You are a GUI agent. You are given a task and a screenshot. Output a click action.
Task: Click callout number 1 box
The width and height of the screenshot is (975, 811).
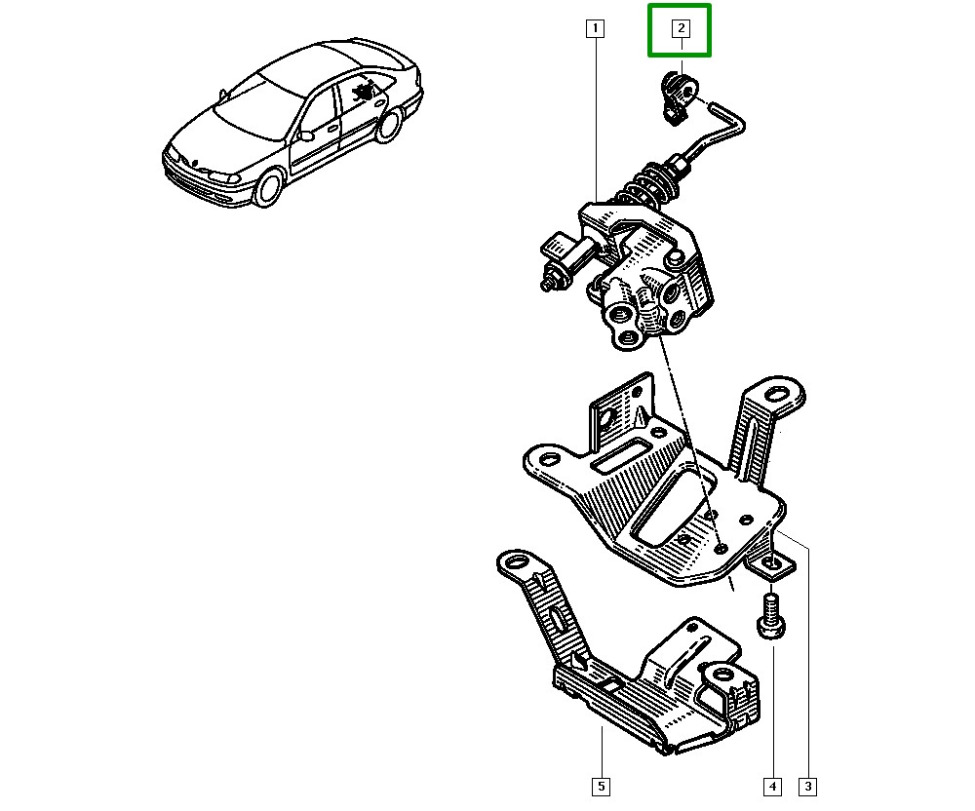point(595,28)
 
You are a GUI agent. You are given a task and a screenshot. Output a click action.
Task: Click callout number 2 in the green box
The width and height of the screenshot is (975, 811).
point(681,28)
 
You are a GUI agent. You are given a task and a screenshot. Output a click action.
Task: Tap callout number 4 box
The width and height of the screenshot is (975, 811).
point(772,786)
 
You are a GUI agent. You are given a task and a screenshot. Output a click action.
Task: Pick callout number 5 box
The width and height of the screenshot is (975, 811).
point(602,786)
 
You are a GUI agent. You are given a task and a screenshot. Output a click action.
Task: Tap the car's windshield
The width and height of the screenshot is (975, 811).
point(253,103)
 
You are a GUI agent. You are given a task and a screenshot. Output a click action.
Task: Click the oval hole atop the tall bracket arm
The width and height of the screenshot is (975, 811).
point(779,395)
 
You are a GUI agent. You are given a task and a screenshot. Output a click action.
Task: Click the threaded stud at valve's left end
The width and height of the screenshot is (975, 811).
point(548,284)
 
